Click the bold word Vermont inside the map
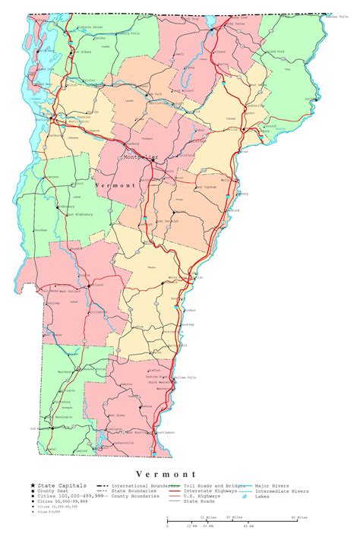click(x=115, y=185)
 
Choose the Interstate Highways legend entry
click(x=206, y=491)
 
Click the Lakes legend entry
click(x=263, y=497)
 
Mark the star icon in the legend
click(x=32, y=485)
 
